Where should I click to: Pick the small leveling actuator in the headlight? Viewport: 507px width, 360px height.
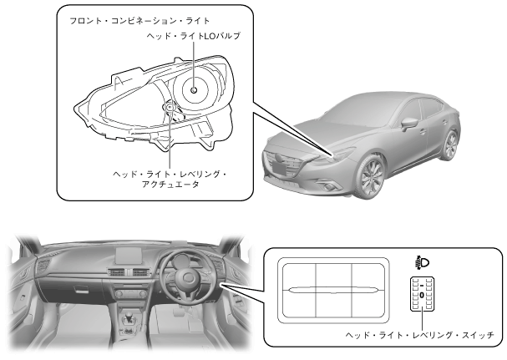[170, 107]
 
